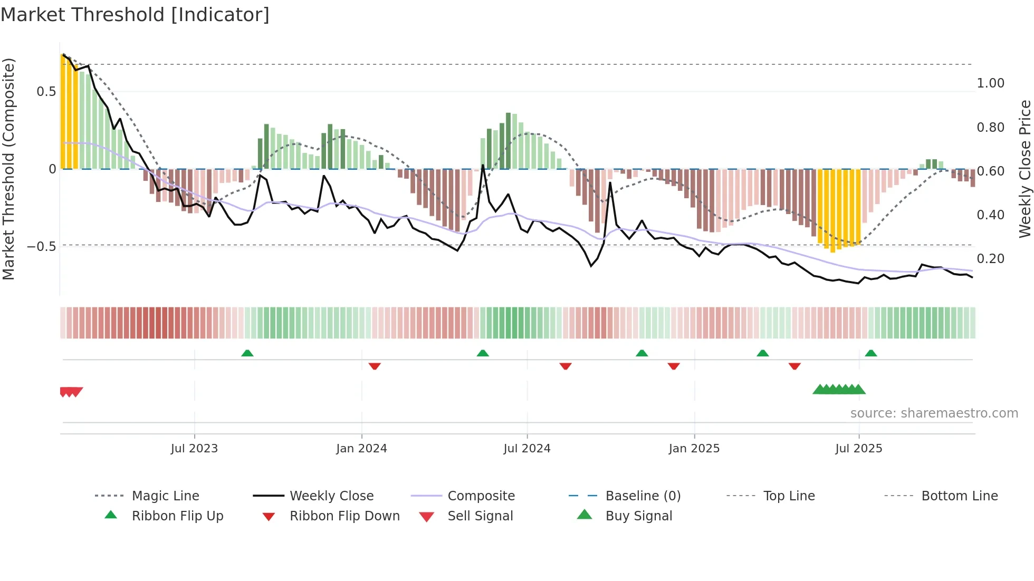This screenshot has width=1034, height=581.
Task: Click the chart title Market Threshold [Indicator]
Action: point(135,15)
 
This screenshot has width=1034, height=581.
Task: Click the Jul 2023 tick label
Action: point(194,449)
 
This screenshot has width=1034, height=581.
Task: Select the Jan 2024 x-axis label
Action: point(361,449)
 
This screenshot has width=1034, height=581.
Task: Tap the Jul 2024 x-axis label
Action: point(526,449)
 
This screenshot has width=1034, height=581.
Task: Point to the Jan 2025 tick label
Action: point(694,449)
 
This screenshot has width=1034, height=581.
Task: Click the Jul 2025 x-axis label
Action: point(858,449)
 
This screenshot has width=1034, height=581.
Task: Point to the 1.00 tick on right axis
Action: point(990,83)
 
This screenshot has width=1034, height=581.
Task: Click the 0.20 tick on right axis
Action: point(990,259)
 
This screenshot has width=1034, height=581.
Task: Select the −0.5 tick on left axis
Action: point(41,247)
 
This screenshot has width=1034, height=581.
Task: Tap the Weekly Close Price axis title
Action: point(1025,169)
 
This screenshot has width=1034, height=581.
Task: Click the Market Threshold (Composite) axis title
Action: point(8,169)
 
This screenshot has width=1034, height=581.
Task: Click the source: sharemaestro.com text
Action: point(934,413)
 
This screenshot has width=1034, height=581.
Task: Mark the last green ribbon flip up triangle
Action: point(871,353)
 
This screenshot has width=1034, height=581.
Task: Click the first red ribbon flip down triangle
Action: point(375,366)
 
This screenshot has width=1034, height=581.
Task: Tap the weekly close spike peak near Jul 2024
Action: point(483,166)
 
